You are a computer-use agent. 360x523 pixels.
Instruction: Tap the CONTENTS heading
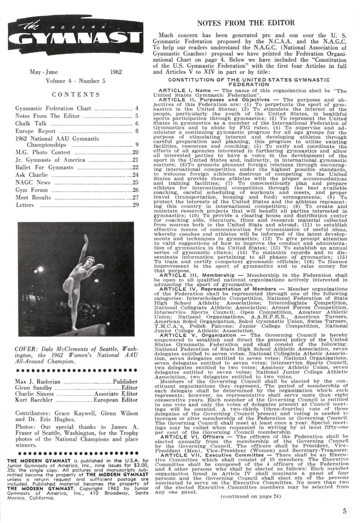tap(76, 95)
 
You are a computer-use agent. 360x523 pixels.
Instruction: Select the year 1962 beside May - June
tap(116, 72)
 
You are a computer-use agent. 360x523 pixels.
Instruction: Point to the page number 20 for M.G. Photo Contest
tap(134, 153)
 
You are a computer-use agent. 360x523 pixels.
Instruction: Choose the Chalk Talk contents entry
tap(31, 124)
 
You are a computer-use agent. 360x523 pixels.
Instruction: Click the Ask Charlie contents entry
tap(31, 175)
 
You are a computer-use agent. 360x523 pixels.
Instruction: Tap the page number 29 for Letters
tap(134, 205)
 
